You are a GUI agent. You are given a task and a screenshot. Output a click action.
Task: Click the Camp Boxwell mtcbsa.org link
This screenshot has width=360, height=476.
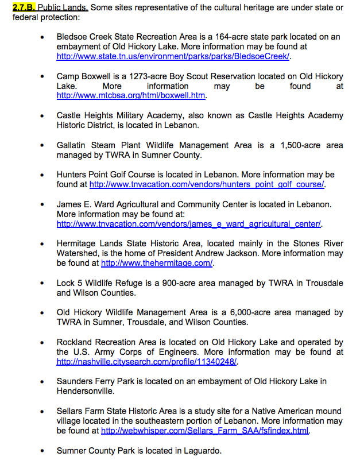[131, 95]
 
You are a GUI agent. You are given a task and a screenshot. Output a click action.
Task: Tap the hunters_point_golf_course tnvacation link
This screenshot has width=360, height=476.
[207, 184]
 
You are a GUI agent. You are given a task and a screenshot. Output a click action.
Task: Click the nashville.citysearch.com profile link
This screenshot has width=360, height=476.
[147, 362]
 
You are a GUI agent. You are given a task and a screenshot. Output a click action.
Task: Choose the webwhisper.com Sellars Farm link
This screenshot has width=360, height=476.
[205, 431]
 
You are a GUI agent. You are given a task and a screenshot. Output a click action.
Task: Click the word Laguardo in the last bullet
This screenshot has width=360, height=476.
[202, 451]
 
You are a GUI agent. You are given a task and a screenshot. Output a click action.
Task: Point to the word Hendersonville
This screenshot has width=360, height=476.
[86, 391]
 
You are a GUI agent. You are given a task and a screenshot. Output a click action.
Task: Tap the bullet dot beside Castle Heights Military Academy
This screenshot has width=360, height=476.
[42, 116]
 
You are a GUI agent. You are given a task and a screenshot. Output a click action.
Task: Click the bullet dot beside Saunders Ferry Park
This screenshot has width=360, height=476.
[42, 382]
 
